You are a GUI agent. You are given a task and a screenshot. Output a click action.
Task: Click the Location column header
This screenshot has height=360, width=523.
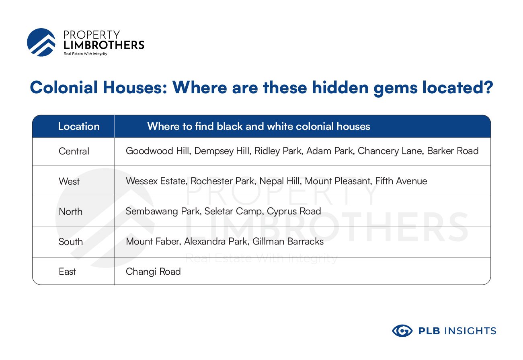[79, 126]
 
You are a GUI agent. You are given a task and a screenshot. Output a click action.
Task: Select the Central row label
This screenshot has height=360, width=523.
[74, 151]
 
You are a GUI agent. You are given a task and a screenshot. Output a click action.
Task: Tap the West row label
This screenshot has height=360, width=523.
[69, 181]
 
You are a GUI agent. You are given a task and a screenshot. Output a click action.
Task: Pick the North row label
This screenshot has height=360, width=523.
[70, 212]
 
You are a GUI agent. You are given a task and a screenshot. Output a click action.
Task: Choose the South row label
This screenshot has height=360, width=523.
[71, 242]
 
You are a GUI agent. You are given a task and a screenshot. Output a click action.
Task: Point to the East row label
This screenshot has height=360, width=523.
[67, 272]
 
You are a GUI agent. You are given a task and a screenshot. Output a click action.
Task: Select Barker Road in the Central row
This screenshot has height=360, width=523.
[453, 151]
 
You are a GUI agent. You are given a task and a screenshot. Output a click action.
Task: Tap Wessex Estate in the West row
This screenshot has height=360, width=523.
[157, 181]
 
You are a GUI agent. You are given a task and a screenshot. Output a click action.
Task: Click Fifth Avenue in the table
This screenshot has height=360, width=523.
[401, 181]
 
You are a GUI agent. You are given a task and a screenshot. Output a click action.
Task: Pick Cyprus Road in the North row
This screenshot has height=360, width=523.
[294, 212]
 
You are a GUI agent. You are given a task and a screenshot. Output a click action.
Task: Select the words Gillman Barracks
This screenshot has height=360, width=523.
[288, 241]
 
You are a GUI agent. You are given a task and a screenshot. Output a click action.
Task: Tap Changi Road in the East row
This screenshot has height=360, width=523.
[153, 272]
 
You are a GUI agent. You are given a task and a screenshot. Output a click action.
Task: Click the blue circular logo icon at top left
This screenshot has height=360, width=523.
[41, 42]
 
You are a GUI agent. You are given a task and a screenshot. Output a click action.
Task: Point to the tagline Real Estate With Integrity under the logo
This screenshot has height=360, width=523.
[86, 54]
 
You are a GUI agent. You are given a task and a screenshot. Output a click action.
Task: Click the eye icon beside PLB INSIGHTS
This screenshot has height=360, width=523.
[402, 331]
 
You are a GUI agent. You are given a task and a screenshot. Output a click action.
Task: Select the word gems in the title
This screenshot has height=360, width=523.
[395, 88]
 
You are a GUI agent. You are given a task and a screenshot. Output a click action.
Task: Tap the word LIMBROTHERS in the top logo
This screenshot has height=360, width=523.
[104, 45]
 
